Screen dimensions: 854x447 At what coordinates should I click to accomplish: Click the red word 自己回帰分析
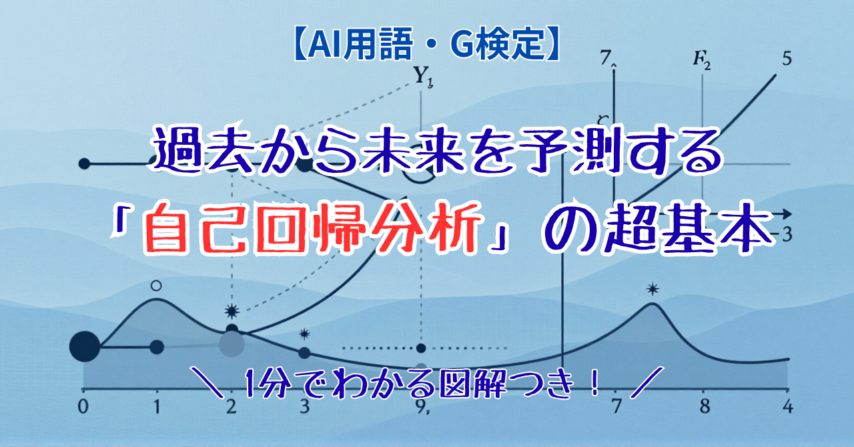(311, 230)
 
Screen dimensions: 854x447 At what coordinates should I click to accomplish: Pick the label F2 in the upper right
(701, 63)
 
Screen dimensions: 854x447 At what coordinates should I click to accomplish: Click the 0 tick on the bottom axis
(83, 406)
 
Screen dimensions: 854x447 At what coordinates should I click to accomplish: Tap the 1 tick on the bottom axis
(157, 406)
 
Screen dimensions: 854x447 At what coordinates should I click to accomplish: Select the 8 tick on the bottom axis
(705, 406)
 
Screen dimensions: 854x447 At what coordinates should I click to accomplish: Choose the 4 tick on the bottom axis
(788, 406)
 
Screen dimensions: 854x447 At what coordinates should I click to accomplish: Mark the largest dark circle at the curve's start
(85, 347)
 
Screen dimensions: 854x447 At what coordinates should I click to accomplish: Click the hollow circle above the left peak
(156, 286)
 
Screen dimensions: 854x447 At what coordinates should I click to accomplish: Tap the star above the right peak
(653, 289)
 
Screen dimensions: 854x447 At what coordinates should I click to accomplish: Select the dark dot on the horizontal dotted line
(421, 348)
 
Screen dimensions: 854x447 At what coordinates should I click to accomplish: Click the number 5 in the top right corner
(787, 59)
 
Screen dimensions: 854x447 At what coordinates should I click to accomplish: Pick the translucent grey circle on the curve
(232, 344)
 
